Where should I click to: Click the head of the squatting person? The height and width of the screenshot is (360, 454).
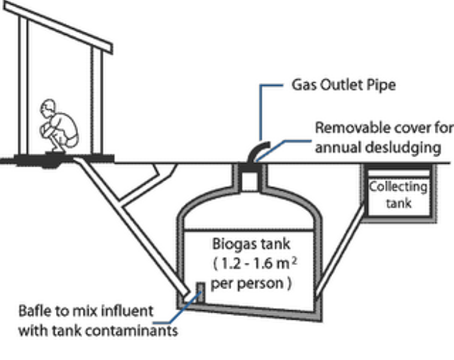pos(48,110)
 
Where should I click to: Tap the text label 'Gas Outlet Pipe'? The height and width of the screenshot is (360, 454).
pos(344,85)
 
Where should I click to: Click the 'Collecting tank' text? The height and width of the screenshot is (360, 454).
pos(398,194)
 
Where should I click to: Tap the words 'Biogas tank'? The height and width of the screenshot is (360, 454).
pos(251,244)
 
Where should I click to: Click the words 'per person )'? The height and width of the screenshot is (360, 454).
pos(252,283)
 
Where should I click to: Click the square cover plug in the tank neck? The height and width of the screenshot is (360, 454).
pos(249,181)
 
